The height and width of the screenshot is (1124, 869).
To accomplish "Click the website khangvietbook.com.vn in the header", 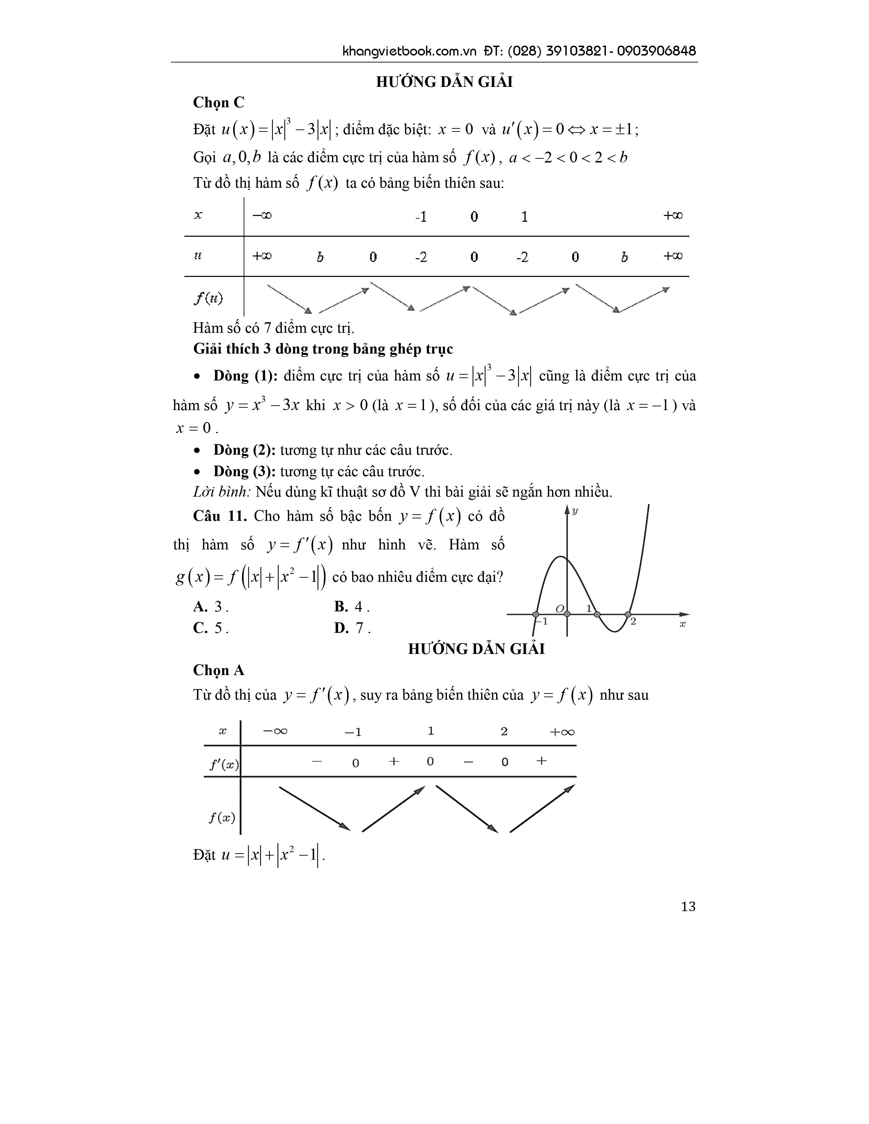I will pos(410,51).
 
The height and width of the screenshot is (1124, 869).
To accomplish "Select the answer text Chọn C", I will pos(219,103).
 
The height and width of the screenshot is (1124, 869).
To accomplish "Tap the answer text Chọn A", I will pos(219,670).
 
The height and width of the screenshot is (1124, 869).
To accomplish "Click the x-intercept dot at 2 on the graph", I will pos(627,614).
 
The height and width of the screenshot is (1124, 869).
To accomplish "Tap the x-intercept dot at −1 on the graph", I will pos(536,614).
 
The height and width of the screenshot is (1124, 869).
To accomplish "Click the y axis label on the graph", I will pos(575,511).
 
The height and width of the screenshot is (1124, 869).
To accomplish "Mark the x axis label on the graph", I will pos(683,624).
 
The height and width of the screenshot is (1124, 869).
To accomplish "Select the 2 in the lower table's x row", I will pos(504,731).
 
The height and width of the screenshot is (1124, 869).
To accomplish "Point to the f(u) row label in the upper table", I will pos(208,298).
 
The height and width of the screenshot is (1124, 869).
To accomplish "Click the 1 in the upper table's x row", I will pos(524,217).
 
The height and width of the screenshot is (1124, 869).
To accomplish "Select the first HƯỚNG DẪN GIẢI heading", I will pos(444,82).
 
